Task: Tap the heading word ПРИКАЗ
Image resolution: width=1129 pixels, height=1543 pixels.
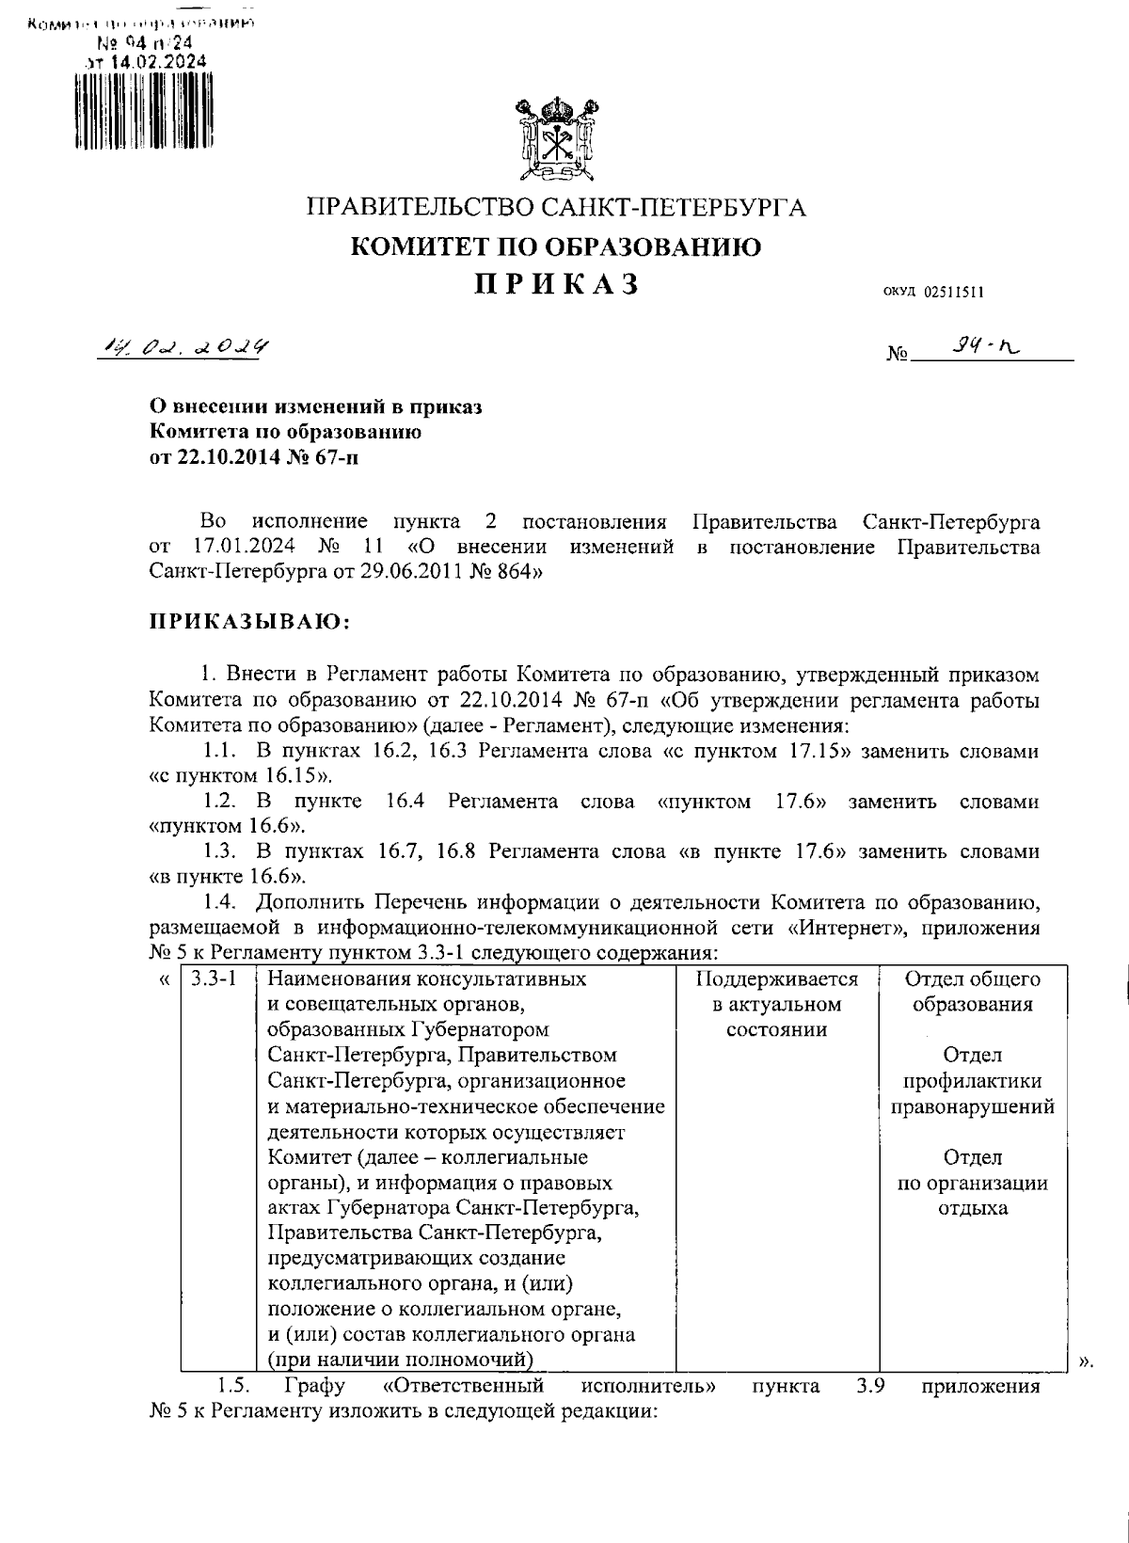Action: (x=555, y=284)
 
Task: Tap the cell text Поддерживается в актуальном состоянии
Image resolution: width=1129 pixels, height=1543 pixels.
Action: (x=776, y=1004)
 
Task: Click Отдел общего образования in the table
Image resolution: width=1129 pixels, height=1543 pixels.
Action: (x=972, y=991)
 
